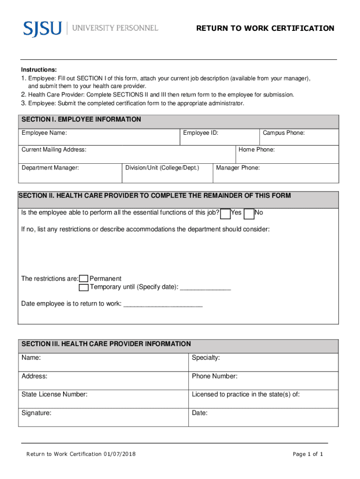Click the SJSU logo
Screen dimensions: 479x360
click(43, 28)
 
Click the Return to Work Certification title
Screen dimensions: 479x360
click(265, 29)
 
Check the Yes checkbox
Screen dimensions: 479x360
click(225, 214)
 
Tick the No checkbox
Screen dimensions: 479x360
click(249, 214)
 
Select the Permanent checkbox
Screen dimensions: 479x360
click(84, 279)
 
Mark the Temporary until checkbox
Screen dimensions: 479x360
click(84, 287)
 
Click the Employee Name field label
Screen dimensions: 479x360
click(44, 133)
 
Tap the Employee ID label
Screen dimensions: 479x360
click(201, 133)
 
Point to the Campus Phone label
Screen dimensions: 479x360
click(283, 133)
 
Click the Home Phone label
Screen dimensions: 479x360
click(256, 150)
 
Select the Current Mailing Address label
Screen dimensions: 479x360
click(54, 150)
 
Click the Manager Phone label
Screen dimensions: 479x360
click(238, 167)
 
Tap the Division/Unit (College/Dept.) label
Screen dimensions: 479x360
click(162, 167)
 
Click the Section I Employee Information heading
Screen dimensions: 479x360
click(81, 120)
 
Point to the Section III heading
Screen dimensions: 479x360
click(106, 344)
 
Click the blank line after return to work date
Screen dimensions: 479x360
click(162, 305)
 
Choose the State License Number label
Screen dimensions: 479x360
click(54, 394)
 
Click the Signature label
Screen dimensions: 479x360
click(36, 413)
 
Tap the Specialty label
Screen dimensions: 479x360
click(206, 358)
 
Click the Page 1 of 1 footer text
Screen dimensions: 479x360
click(308, 454)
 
